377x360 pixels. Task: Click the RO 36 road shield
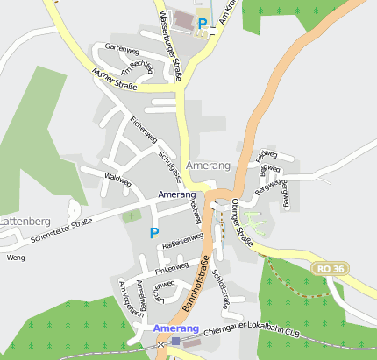(x=332, y=268)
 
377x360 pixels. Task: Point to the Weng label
(x=15, y=258)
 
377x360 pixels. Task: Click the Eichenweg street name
(x=142, y=129)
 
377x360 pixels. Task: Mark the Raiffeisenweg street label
(x=183, y=248)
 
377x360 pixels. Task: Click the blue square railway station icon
(x=175, y=341)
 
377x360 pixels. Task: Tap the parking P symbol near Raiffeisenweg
(x=154, y=233)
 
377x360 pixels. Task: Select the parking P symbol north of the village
(x=203, y=24)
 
